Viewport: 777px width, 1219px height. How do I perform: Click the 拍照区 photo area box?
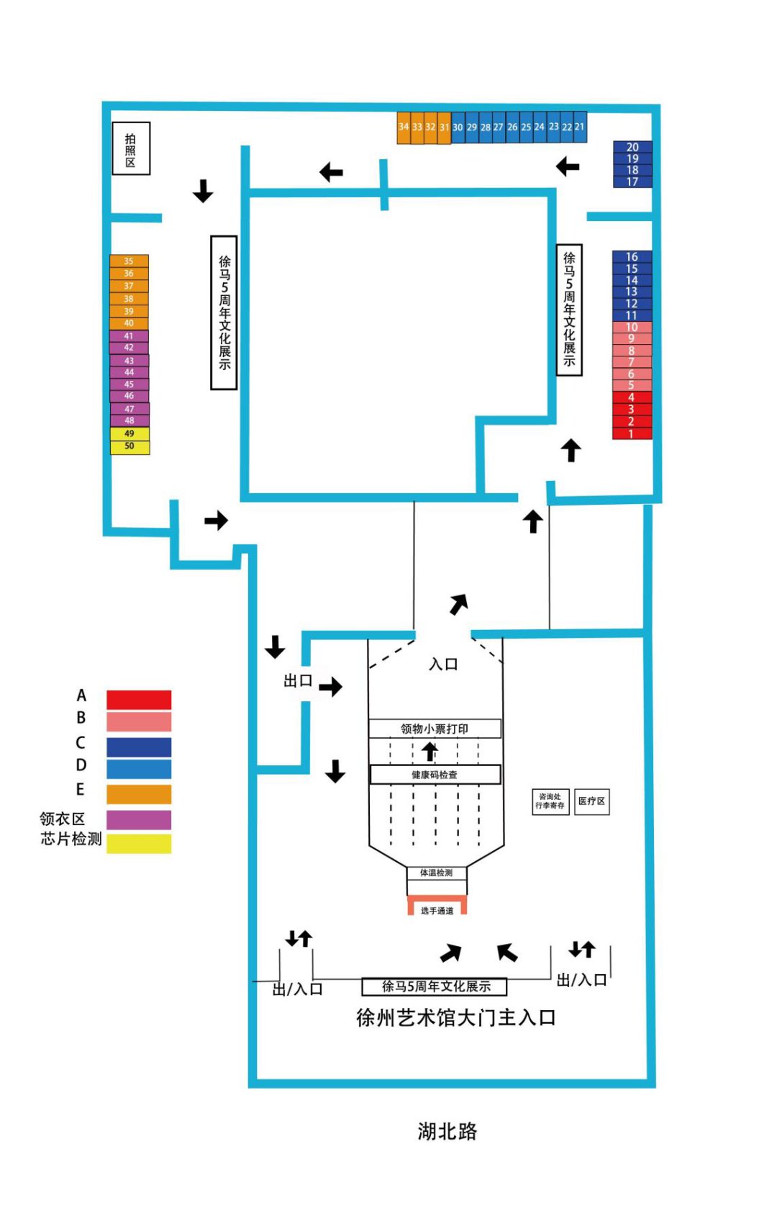(131, 149)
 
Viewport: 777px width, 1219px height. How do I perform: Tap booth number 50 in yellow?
(129, 446)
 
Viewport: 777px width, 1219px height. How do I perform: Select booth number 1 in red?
(632, 433)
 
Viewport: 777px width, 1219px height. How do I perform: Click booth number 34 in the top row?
(404, 127)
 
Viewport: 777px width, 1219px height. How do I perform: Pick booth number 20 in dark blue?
(632, 147)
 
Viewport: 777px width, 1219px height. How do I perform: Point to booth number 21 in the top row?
(580, 127)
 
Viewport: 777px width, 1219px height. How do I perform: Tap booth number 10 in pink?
(632, 327)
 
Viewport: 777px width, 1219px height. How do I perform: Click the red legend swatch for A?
(139, 699)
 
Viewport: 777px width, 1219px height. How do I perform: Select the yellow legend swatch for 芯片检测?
(139, 843)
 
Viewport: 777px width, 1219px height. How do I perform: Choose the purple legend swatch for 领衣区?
(139, 819)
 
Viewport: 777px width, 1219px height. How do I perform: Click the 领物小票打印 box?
(435, 729)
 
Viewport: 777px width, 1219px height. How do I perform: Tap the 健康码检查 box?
(435, 775)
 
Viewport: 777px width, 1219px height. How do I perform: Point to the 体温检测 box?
(437, 873)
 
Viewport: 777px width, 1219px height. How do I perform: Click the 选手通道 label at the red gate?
(437, 911)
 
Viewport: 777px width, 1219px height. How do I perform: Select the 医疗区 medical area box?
(591, 801)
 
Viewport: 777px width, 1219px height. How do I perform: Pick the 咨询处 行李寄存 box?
(550, 801)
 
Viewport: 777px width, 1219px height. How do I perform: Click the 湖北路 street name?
(447, 1131)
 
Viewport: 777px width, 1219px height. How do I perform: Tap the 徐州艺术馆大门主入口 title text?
(455, 1017)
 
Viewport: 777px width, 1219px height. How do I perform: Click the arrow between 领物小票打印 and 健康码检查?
(430, 752)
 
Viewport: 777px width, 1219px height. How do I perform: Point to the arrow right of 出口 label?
(330, 686)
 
